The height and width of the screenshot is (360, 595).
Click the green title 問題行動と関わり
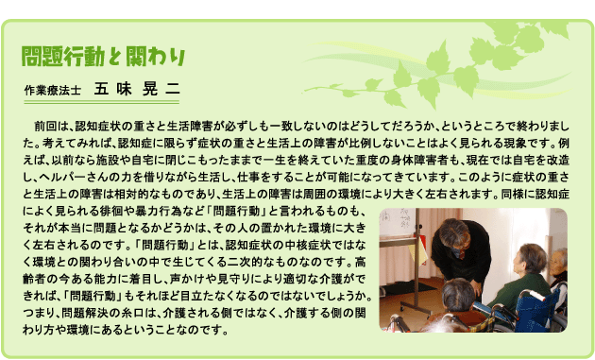[x=103, y=57]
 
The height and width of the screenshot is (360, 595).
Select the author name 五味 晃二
[x=137, y=89]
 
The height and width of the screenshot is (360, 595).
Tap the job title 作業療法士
[x=52, y=91]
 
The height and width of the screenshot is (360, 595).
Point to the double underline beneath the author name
[x=101, y=102]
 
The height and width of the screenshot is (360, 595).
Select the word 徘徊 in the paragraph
[x=111, y=211]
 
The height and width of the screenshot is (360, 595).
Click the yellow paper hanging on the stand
[x=417, y=253]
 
